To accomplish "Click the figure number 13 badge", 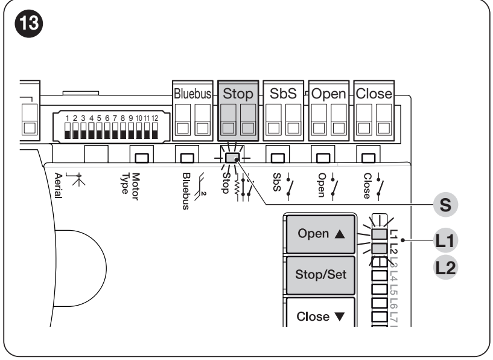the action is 28,24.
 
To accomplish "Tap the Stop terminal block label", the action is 238,94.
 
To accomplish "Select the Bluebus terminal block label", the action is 192,94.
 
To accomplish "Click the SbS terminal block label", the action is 283,94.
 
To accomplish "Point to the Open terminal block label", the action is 328,94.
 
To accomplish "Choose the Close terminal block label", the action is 374,94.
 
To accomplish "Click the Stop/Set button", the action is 320,275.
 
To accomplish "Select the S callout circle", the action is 445,205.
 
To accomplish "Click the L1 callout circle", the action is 445,241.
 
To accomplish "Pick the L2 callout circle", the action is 445,268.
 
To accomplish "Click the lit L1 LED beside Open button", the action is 380,234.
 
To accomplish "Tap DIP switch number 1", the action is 68,131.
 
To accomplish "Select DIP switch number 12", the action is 154,131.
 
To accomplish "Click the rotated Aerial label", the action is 58,185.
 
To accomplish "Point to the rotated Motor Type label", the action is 130,186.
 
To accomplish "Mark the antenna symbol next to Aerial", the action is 76,179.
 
